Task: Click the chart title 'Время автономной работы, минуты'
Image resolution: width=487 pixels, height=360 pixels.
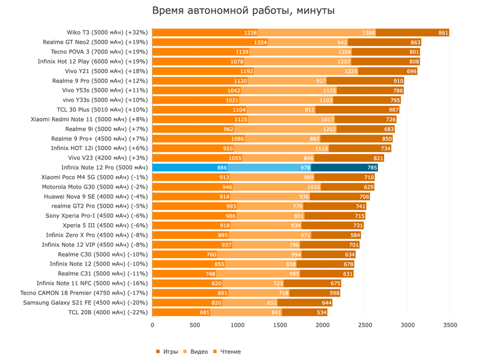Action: pos(244,11)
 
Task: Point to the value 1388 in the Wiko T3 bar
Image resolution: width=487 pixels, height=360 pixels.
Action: pos(369,33)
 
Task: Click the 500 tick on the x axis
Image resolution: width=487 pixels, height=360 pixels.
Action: pos(195,325)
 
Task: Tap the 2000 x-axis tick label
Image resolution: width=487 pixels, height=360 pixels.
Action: pos(322,325)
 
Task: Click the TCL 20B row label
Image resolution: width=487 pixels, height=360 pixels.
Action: pos(108,312)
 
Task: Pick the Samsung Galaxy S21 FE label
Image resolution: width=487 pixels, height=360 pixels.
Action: pos(86,302)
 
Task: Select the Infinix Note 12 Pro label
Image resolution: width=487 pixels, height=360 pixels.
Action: pos(104,168)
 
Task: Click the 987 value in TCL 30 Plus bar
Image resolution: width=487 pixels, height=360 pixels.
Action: pos(394,110)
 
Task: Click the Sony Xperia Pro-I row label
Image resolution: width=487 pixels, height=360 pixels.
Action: pos(97,216)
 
